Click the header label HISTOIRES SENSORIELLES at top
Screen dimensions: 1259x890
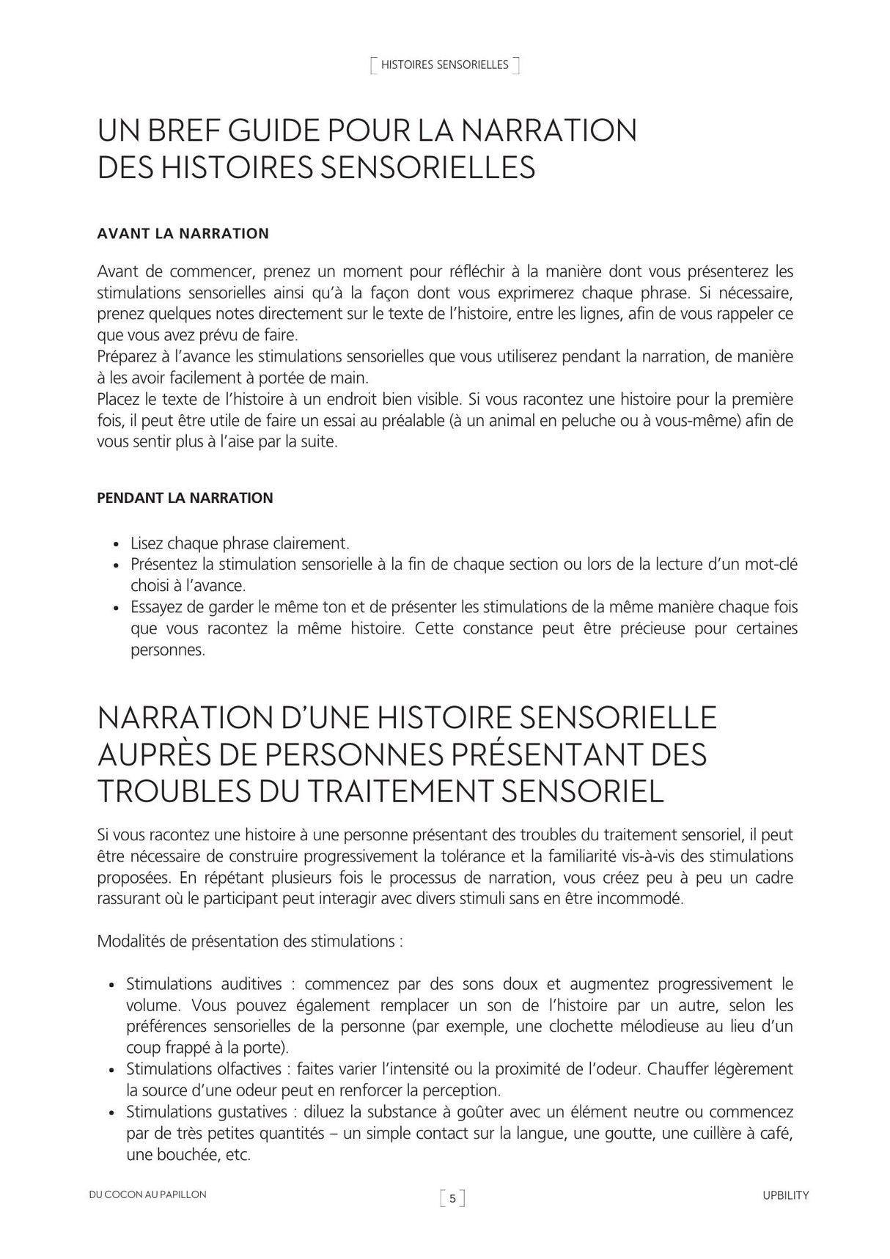click(x=444, y=65)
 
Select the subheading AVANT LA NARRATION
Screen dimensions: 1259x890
click(x=183, y=234)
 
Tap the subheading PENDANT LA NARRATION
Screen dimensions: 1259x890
click(x=185, y=499)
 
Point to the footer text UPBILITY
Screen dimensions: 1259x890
click(x=785, y=1195)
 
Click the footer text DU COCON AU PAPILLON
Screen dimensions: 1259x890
click(x=147, y=1194)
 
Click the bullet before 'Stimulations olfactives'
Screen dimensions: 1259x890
click(x=112, y=1071)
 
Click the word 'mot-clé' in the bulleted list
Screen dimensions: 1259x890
click(x=771, y=565)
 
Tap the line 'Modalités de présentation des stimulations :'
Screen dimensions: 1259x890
click(x=249, y=942)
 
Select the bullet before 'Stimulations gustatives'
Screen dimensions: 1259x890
click(x=112, y=1113)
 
